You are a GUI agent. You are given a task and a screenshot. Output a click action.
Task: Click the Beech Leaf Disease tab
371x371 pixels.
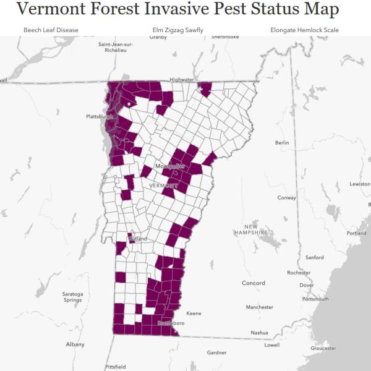point(51,30)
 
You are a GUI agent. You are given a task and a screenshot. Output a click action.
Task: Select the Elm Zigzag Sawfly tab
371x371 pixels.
point(177,30)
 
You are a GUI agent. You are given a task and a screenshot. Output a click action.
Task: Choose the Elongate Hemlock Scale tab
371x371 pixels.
point(304,30)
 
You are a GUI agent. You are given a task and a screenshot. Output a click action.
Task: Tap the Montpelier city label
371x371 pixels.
point(170,166)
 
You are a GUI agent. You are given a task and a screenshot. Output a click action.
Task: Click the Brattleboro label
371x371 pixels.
point(171,323)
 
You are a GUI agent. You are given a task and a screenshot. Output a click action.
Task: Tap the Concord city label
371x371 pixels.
point(253,283)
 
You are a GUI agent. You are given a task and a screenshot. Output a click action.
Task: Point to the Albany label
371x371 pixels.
point(75,344)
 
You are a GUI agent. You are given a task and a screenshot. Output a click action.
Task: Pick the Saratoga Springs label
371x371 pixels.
point(72,297)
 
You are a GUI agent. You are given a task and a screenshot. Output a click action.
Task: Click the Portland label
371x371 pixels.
point(356,233)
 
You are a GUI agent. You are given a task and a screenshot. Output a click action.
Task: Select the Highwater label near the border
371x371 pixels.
point(182,79)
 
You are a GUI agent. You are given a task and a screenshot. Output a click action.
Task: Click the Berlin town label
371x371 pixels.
point(282,143)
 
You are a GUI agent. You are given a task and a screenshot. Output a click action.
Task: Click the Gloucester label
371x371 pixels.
point(323,348)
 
